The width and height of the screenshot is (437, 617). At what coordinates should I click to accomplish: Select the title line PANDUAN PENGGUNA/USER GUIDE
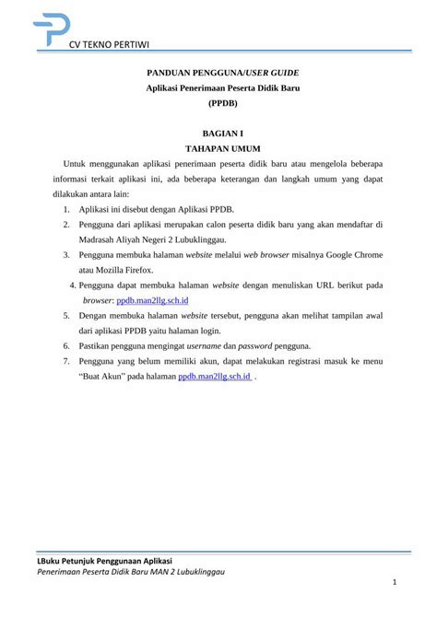[x=218, y=71]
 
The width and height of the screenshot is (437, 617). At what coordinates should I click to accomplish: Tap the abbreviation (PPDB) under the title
[x=218, y=104]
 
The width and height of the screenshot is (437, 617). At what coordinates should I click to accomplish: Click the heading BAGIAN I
[x=218, y=134]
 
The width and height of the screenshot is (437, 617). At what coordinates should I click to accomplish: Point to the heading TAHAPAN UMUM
[x=218, y=147]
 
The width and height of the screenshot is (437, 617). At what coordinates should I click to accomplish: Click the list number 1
[x=67, y=209]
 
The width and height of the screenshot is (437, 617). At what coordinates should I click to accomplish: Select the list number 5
[x=67, y=315]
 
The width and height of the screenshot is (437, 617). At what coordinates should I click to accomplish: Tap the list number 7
[x=67, y=362]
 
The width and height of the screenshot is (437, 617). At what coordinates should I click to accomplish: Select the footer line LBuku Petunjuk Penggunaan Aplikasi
[x=104, y=560]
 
